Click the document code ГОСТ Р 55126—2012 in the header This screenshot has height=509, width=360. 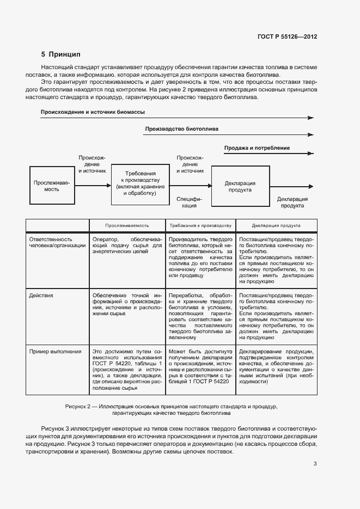[x=287, y=37]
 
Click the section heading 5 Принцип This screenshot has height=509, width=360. [x=60, y=54]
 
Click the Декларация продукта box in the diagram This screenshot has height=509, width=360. [x=240, y=187]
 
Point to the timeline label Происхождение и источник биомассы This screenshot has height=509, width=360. [x=93, y=112]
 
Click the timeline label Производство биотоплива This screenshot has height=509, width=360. [x=181, y=130]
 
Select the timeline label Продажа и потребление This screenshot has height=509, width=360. [x=257, y=148]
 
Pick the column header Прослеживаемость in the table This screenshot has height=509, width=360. [x=127, y=225]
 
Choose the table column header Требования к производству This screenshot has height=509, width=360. [x=200, y=225]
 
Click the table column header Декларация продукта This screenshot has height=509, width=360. [x=276, y=225]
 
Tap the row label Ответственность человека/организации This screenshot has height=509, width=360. [x=57, y=242]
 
